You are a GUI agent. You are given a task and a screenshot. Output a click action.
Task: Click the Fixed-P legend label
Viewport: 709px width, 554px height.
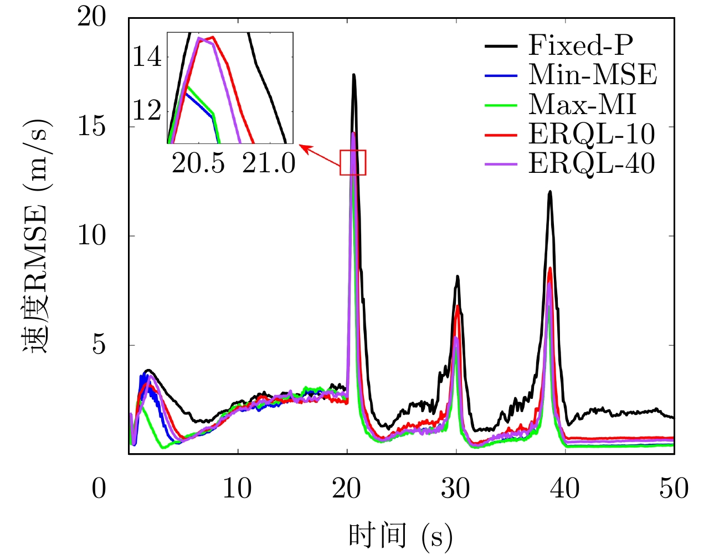coord(580,45)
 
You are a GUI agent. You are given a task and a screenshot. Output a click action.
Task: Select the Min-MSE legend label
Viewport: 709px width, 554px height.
coord(592,74)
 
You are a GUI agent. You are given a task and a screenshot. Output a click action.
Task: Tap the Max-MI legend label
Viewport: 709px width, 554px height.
coord(582,104)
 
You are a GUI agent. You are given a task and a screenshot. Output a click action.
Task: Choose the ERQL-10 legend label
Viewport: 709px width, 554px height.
coord(592,134)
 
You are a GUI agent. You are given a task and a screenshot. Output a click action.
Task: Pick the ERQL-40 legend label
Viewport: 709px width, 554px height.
coord(592,163)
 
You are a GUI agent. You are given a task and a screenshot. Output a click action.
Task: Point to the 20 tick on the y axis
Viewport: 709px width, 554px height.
coord(91,17)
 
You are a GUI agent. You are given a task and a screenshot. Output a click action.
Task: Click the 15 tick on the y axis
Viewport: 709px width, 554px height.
coord(91,126)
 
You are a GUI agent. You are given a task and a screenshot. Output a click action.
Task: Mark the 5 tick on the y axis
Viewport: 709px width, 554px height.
coord(99,345)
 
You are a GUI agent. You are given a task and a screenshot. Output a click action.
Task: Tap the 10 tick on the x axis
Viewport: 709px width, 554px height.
coord(238,489)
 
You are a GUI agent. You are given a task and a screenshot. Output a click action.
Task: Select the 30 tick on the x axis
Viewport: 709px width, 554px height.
coord(456,489)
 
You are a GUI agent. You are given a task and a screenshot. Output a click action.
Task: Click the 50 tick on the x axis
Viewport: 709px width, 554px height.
coord(674,489)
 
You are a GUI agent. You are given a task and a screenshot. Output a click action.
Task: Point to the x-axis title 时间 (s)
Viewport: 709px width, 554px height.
coord(400,536)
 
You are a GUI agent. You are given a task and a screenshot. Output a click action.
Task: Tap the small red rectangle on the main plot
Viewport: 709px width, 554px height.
coord(353,162)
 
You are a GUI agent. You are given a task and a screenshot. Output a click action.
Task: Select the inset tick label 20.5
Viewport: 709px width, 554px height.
coord(198,163)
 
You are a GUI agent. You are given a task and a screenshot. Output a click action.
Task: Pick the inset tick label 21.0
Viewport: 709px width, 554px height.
coord(269,163)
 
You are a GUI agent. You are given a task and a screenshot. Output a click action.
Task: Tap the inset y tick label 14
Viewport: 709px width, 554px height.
coord(147,57)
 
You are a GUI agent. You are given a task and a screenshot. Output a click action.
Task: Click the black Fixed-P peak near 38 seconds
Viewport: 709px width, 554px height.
coord(550,192)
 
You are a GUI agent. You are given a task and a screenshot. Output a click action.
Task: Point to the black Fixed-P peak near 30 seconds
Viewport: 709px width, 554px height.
coord(458,276)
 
